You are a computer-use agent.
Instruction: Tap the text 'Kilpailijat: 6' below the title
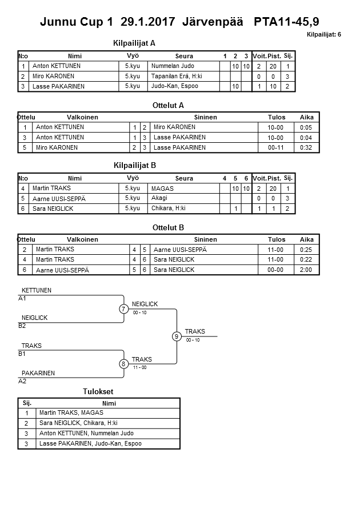tap(323, 35)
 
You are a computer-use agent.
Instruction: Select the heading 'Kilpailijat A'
tap(135, 43)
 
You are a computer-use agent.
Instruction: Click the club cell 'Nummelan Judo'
tap(173, 66)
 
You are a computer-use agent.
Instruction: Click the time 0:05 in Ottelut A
tap(307, 127)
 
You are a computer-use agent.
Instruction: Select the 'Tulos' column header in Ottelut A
tap(277, 117)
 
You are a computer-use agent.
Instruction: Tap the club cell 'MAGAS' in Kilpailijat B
tap(162, 189)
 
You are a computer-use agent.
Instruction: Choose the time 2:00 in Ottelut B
tap(307, 270)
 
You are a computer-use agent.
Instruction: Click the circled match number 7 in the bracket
tap(124, 309)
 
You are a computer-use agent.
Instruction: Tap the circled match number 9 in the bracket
tap(177, 336)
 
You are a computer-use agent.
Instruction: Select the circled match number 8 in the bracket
tap(124, 363)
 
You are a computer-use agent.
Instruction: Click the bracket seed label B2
tap(22, 326)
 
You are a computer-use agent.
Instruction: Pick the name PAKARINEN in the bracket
tap(38, 373)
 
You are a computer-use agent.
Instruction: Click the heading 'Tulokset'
tap(98, 392)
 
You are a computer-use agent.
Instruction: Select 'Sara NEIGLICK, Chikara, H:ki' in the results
tap(78, 423)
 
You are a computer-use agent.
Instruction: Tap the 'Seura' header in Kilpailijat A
tap(184, 56)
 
